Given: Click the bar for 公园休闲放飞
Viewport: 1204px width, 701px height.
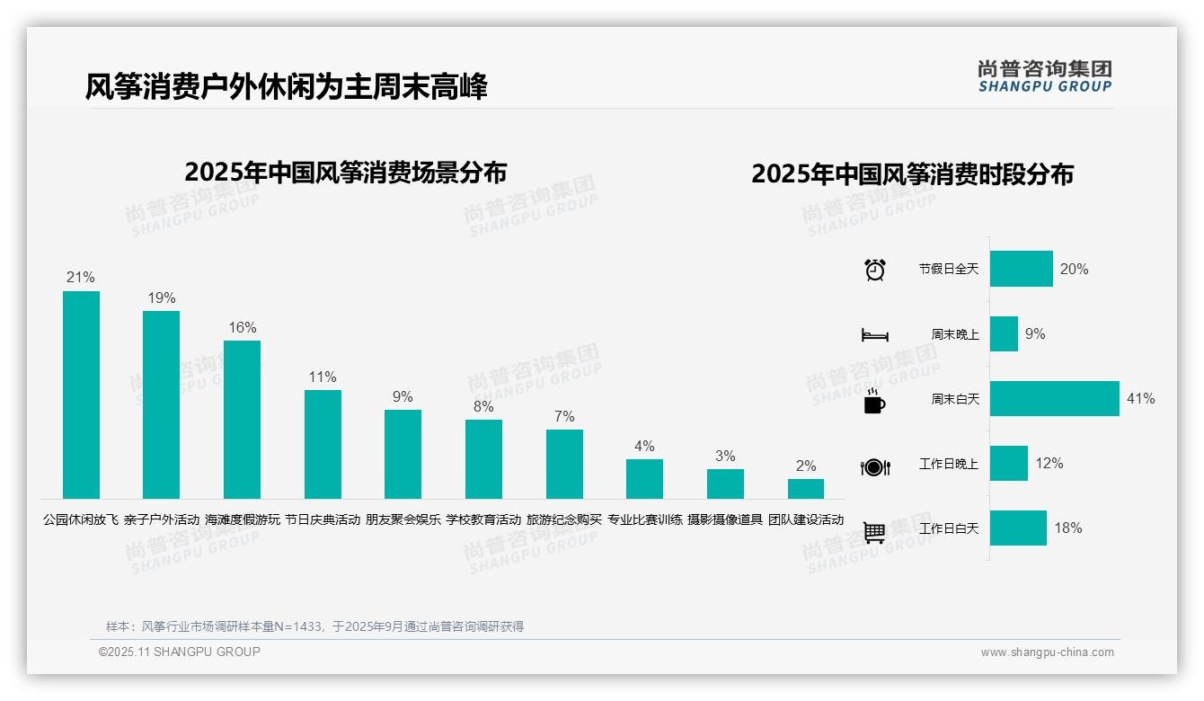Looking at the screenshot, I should coord(81,395).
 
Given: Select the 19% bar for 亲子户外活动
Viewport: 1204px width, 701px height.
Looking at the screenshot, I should coord(162,404).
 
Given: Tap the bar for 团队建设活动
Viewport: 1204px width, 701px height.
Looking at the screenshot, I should coord(806,489).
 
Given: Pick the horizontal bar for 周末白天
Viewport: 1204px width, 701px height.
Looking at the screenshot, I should coord(1055,398).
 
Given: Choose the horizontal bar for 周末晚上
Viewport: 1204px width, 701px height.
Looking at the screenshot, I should coord(1004,333).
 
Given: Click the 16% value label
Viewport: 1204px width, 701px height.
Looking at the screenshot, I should coord(242,327).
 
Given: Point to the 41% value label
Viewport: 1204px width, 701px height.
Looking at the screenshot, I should coord(1140,398).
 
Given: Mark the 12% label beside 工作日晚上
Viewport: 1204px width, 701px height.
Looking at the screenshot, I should coord(1049,463).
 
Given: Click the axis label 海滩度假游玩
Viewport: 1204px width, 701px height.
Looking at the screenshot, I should coord(243,519).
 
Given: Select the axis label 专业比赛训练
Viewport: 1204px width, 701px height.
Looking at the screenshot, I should coord(645,519).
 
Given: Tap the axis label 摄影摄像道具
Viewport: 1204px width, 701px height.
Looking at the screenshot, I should coord(725,519).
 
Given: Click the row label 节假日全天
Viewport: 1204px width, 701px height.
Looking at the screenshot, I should coord(948,269).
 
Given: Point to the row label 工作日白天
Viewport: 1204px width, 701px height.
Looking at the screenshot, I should coord(948,528).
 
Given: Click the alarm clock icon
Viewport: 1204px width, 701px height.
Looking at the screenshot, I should coord(874,270).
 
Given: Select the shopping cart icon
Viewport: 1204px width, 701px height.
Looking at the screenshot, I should coord(874,532).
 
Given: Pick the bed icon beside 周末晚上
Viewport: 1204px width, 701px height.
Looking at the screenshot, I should coord(874,335).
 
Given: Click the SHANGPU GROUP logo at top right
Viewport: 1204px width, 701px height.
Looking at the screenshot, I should coord(1044,76).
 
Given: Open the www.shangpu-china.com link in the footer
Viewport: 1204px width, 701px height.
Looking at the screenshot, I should coord(1047,652).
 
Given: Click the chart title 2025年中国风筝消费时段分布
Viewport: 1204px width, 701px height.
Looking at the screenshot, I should coord(912,174).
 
